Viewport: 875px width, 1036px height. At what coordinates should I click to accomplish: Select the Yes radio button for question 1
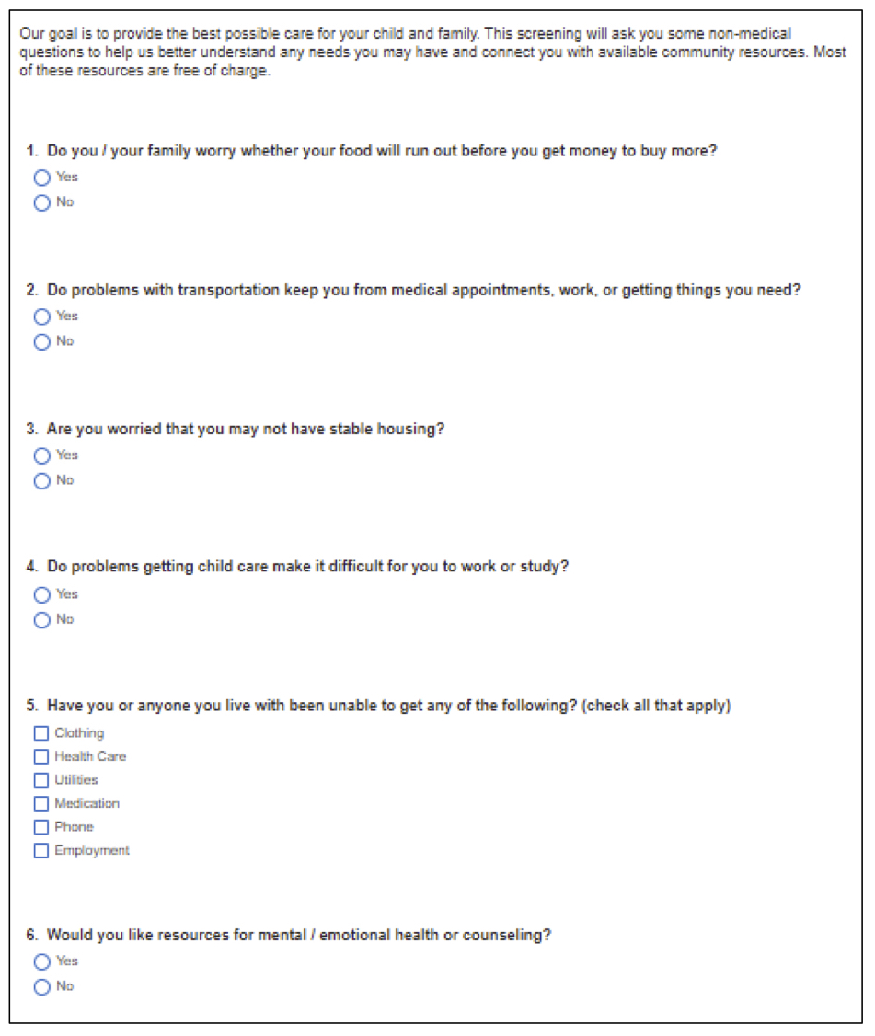coord(41,178)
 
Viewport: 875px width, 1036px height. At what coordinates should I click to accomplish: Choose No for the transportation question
coord(41,342)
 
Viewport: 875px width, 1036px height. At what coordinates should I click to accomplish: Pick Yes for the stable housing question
coord(41,455)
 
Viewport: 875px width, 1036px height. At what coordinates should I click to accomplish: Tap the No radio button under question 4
coord(41,620)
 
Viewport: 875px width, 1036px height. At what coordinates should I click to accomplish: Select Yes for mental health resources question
coord(41,961)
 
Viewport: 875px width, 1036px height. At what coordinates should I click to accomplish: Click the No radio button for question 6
coord(41,987)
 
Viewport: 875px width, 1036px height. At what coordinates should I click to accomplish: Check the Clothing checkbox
coord(40,733)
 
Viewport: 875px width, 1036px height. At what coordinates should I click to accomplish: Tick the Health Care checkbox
coord(40,757)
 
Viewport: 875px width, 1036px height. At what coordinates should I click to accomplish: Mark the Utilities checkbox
coord(40,780)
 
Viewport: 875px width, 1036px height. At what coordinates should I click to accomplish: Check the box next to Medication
coord(40,804)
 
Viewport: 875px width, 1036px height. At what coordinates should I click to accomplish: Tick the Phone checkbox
coord(40,827)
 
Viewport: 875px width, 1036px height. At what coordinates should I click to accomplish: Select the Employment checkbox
coord(40,851)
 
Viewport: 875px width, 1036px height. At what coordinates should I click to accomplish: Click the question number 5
coord(31,706)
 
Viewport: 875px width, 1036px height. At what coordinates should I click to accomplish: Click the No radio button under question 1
coord(41,203)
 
